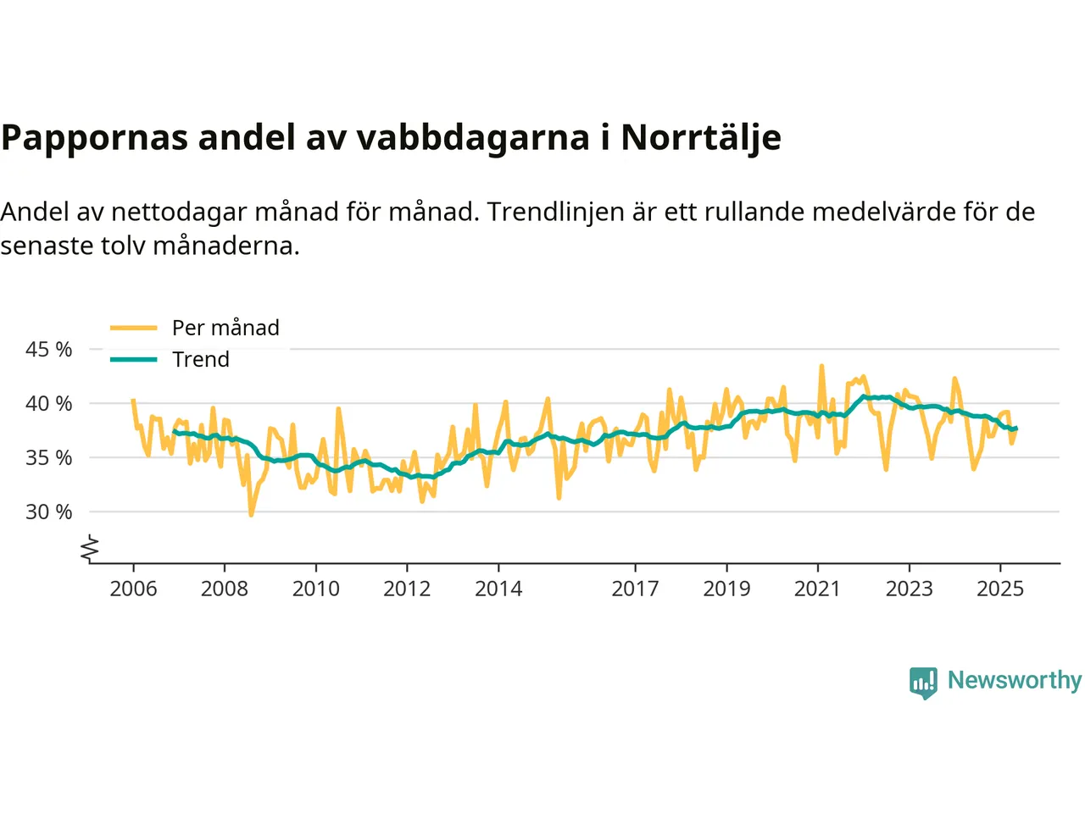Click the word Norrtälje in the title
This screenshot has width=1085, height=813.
(700, 138)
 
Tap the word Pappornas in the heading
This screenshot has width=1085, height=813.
(94, 138)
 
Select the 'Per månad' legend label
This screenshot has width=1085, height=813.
(225, 328)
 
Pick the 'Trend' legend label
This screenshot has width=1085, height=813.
(201, 360)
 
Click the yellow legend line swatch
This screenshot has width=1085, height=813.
(134, 328)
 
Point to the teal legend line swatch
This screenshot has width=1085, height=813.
(134, 360)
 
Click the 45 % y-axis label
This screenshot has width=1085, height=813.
(49, 349)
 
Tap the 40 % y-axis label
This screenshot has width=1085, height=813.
(49, 403)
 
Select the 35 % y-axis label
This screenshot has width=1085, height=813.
(49, 457)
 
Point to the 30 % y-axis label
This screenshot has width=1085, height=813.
(49, 512)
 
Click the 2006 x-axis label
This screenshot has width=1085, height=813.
(133, 589)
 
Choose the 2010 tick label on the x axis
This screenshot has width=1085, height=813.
(316, 589)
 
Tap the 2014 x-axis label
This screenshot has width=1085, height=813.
(498, 589)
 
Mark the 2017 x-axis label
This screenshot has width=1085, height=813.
(636, 589)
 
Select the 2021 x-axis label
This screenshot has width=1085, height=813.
(818, 589)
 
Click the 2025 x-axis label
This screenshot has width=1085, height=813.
(1000, 589)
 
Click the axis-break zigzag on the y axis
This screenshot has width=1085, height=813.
(90, 549)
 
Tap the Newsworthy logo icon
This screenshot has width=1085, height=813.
(923, 682)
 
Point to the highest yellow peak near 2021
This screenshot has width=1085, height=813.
(821, 366)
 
